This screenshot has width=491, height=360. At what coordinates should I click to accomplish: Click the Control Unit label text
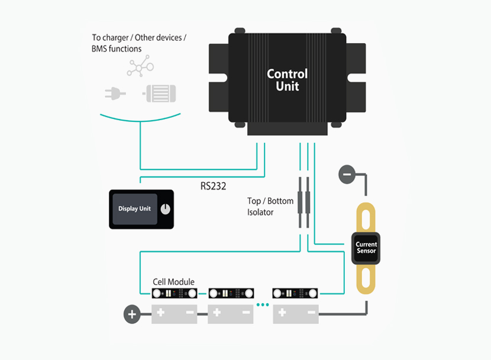[x=288, y=80]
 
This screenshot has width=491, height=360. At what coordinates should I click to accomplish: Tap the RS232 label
[x=214, y=186]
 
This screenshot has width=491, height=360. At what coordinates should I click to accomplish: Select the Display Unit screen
[x=134, y=209]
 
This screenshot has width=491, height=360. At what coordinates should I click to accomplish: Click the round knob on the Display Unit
[x=165, y=209]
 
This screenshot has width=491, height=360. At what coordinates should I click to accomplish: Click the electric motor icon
[x=159, y=93]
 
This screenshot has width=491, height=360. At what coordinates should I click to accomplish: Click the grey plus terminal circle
[x=131, y=314]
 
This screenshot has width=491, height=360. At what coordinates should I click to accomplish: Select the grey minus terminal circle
[x=347, y=174]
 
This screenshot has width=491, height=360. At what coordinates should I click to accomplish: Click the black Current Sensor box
[x=366, y=247]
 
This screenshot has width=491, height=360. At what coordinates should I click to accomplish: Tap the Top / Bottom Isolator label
[x=270, y=206]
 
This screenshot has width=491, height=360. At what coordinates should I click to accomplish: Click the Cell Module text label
[x=174, y=282]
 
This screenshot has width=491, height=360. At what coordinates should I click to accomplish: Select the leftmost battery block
[x=174, y=313]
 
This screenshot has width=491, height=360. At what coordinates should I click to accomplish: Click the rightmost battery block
[x=296, y=313]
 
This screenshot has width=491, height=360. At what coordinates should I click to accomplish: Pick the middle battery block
[x=230, y=313]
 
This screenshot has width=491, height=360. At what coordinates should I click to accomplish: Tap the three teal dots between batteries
[x=263, y=305]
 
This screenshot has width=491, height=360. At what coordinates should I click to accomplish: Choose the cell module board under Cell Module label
[x=174, y=294]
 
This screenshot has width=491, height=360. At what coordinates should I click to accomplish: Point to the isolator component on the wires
[x=303, y=202]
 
